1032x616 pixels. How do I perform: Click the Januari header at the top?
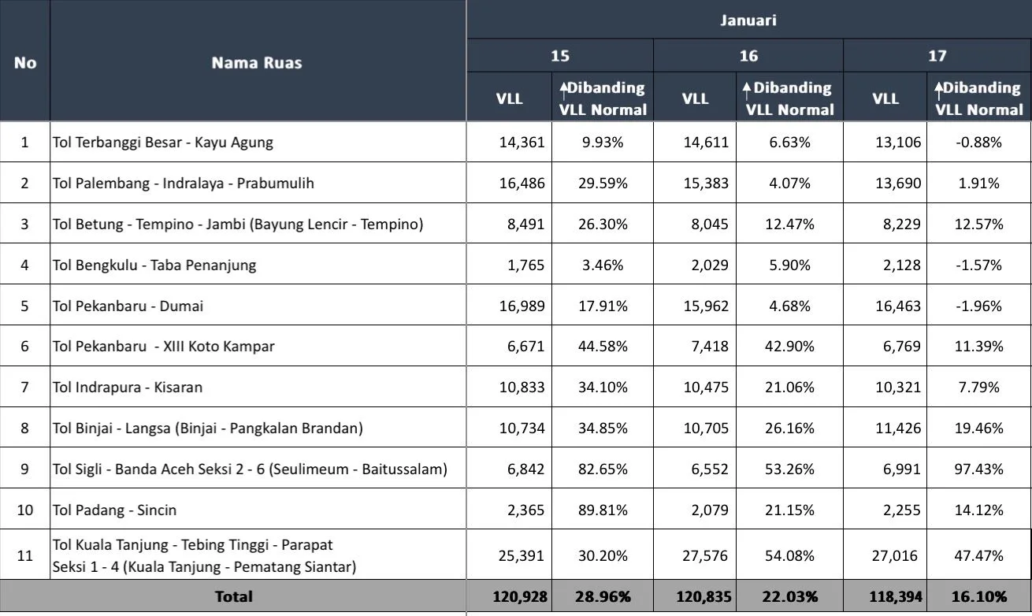coord(748,20)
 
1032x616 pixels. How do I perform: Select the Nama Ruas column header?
coord(257,63)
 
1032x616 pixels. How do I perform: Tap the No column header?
coord(25,63)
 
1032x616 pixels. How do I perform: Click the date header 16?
coord(748,56)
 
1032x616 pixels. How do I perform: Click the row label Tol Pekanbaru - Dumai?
coord(128,306)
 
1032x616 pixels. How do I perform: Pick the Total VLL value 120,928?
coord(519,597)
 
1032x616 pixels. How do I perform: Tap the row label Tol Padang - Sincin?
coord(115,510)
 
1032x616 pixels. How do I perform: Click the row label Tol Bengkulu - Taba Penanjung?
coord(154,265)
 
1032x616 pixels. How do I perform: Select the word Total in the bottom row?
coord(234,597)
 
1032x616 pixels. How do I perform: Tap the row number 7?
coord(25,388)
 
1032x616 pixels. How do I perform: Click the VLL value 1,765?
coord(527,265)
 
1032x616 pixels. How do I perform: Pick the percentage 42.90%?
coord(789,347)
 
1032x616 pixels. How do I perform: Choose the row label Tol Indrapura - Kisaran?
coord(128,388)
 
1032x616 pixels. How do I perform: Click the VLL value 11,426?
coord(897,429)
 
